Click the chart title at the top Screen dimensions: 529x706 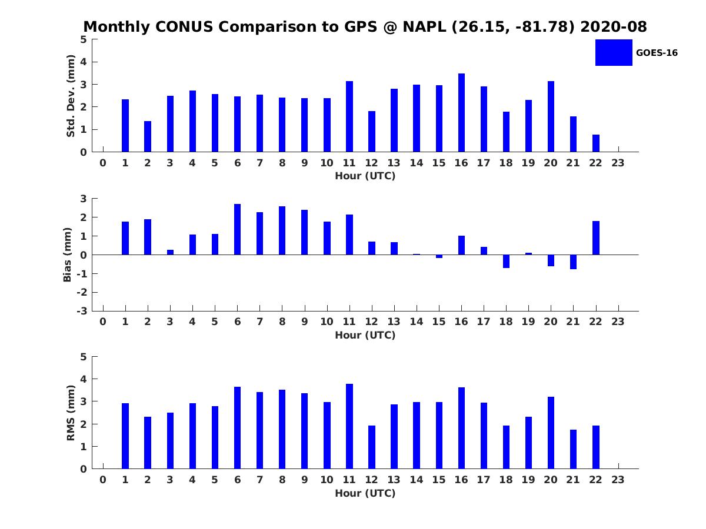[365, 27]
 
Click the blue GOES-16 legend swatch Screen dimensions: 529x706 [614, 52]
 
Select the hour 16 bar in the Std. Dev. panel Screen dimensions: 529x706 [461, 113]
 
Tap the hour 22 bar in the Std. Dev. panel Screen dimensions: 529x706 [596, 143]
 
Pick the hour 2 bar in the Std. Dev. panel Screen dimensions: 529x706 [148, 136]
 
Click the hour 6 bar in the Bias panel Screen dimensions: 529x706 [237, 229]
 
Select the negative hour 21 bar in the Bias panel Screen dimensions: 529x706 [573, 262]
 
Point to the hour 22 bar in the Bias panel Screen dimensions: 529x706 [596, 238]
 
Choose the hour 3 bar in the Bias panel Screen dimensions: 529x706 [170, 252]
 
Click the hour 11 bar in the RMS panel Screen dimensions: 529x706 [349, 426]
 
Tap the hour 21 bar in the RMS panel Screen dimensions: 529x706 [573, 449]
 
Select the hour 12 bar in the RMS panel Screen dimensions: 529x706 [372, 447]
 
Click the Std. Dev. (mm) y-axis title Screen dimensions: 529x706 [71, 96]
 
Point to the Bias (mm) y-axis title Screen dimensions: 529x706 [68, 255]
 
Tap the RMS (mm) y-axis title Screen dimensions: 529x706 [71, 413]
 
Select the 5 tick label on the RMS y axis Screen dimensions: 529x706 [84, 357]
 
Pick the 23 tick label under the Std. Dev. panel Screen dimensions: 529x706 [618, 163]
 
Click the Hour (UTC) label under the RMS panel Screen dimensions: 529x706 [365, 493]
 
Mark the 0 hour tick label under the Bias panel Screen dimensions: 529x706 [103, 322]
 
